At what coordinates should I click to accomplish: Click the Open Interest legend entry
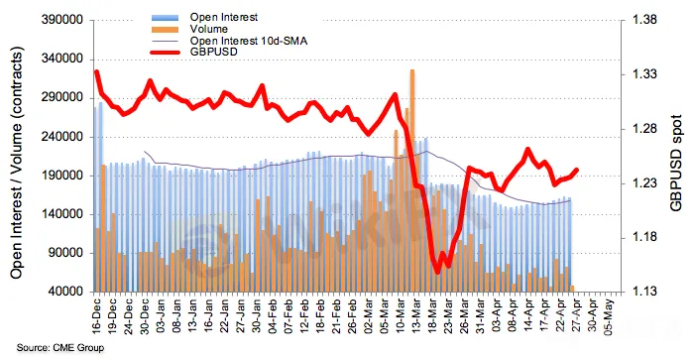(x=224, y=17)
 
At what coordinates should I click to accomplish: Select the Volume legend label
(x=208, y=29)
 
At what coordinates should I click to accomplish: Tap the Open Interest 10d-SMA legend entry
(x=249, y=41)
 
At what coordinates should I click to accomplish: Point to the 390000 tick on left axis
(x=61, y=21)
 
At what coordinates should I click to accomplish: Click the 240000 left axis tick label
(x=61, y=137)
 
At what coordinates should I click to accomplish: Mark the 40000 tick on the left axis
(x=65, y=292)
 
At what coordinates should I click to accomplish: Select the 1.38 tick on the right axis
(x=644, y=20)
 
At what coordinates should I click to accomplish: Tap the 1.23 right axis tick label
(x=644, y=183)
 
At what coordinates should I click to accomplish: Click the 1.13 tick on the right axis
(x=644, y=292)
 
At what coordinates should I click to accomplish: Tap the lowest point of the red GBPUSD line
(x=437, y=272)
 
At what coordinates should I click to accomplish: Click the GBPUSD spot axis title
(x=675, y=163)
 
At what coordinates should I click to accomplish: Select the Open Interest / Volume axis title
(x=16, y=163)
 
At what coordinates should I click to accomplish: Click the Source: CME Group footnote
(x=60, y=348)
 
